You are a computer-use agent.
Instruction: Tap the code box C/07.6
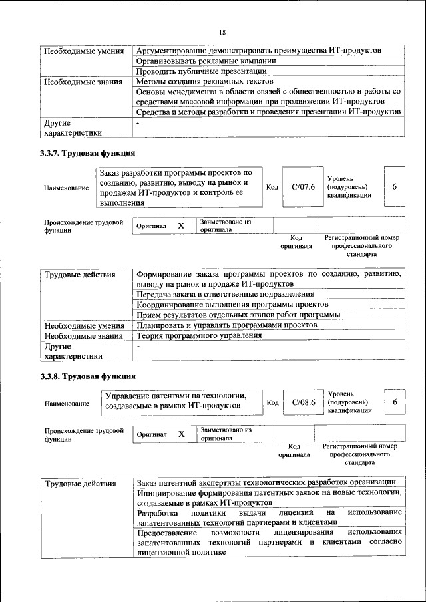303,187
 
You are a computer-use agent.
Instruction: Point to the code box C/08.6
303,402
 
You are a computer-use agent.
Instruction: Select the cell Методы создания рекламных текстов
198,82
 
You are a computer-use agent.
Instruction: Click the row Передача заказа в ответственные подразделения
225,293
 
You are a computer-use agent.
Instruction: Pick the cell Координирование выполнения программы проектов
228,304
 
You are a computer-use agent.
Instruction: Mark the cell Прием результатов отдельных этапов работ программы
238,315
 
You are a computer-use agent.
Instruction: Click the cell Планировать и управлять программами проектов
226,325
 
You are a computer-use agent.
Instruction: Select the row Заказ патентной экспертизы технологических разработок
267,482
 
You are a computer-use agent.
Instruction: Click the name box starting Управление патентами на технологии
180,401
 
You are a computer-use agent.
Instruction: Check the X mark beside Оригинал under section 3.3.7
181,226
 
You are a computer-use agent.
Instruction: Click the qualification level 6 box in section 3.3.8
395,402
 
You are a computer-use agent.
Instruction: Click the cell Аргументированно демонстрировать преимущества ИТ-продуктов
258,51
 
